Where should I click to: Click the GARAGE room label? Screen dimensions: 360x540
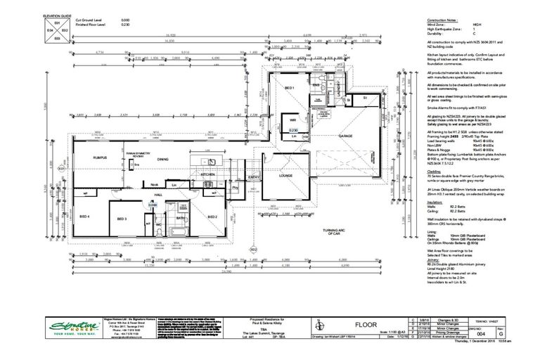point(345,135)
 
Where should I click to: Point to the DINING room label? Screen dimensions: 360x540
point(162,159)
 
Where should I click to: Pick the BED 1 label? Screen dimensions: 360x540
point(289,87)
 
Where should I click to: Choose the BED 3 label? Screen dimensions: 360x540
point(120,219)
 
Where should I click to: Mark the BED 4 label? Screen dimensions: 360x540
point(84,217)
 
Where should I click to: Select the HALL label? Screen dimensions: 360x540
point(159,195)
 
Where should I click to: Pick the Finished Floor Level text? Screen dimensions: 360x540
point(94,26)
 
